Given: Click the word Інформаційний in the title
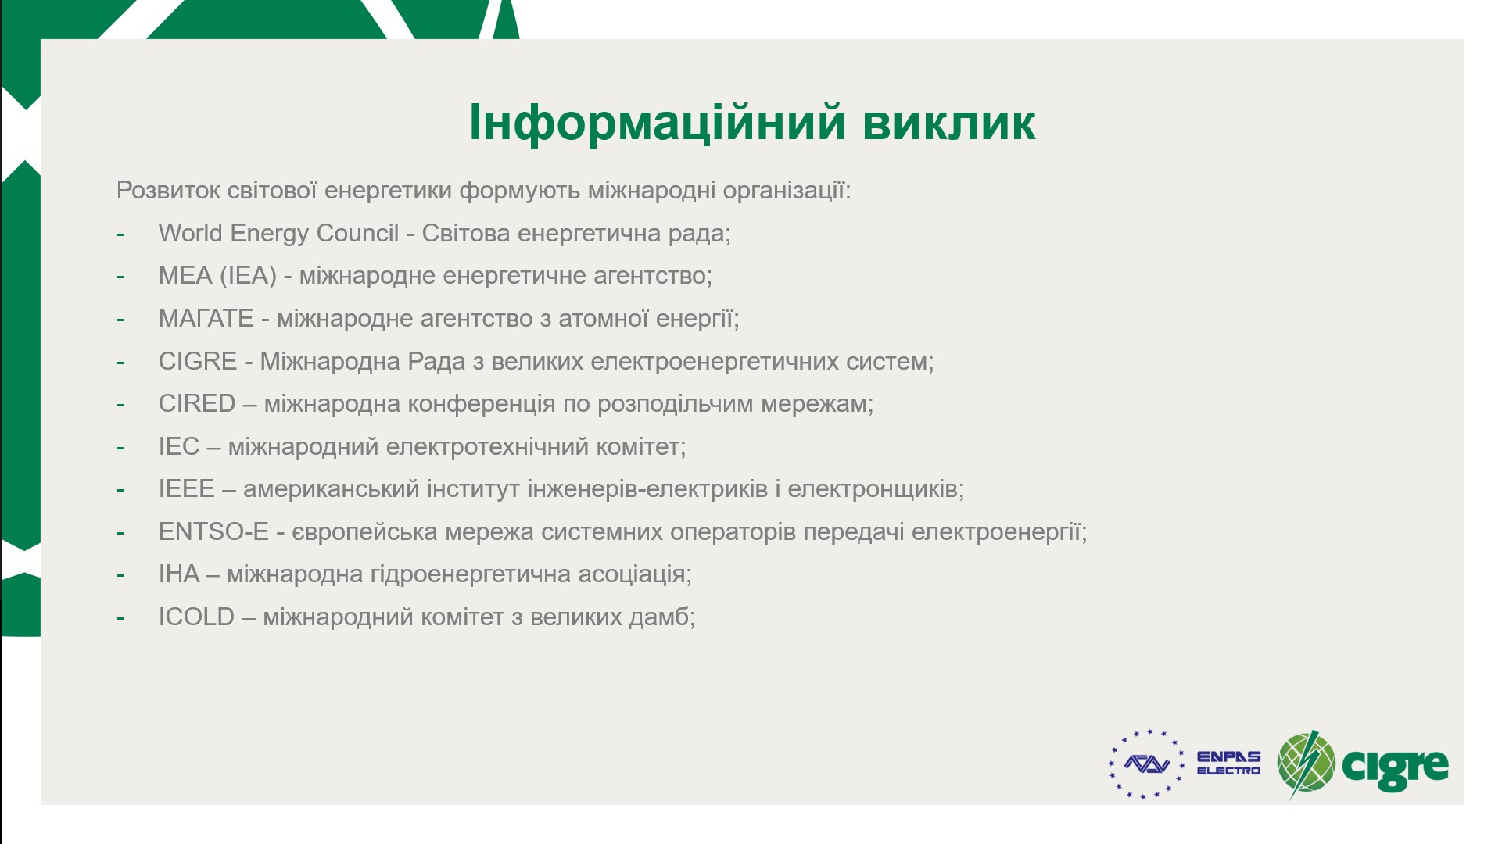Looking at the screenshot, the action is coord(658,122).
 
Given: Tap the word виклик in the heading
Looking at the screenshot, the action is coord(949,123).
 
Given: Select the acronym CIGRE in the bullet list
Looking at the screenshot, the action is coord(197,361).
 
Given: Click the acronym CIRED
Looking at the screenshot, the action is coord(196,403).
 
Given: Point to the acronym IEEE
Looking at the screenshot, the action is coord(186,488).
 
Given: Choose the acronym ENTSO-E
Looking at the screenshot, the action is coord(213,531).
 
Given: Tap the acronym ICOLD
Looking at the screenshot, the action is coord(196,617).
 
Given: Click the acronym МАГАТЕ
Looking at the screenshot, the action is coord(206,318).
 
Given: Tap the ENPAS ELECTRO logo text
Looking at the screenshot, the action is coord(1228,763).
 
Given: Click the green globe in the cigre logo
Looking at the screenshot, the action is coord(1306,764).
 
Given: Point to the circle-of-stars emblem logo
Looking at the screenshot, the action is coord(1146,764).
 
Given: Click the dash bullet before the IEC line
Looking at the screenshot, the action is coord(120,448).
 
